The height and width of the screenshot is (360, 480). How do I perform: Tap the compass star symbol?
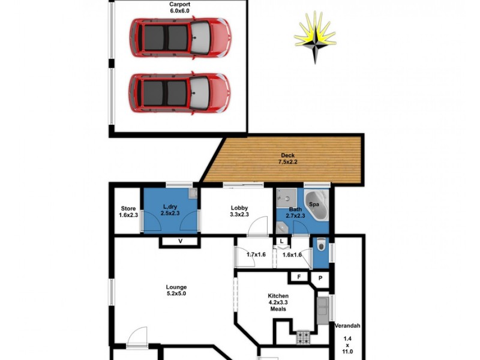315,37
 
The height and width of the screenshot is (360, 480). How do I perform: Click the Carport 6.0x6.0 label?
180,7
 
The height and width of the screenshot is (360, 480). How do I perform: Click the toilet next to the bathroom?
320,246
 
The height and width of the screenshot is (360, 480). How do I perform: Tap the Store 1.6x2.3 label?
128,212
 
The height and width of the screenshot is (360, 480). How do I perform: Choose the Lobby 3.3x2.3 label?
239,212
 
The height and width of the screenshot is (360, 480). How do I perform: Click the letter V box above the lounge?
180,241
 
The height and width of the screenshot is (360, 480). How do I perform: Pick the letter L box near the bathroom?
281,241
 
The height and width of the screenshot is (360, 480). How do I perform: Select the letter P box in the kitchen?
320,278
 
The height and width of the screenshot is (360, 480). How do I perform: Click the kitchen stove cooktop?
302,338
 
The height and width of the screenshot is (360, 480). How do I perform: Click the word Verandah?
347,326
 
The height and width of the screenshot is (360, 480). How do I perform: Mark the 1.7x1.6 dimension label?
256,254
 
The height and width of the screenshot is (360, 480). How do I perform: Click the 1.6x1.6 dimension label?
292,254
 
